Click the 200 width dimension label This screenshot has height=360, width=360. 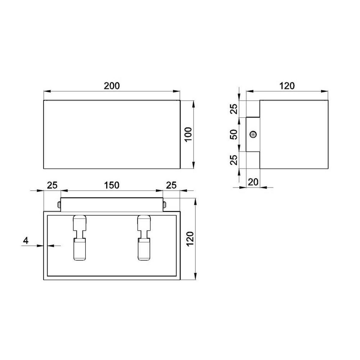coord(112,86)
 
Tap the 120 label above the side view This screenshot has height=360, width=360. coord(287,86)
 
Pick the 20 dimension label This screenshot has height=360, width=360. coord(253,181)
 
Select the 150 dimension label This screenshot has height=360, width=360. coord(112,185)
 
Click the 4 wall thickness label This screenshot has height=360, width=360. coord(26,241)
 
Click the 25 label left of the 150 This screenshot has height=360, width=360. coord(52,185)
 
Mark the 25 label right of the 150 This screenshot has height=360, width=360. coord(171,185)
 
